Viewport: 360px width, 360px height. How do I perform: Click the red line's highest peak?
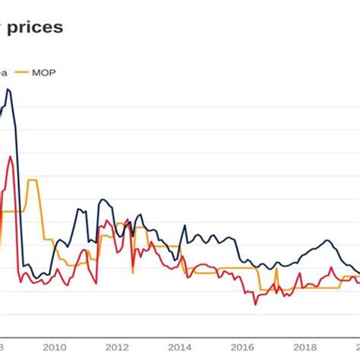tap(9, 157)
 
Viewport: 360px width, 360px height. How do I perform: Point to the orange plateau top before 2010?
tap(32, 180)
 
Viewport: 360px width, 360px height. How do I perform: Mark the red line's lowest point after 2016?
tap(255, 305)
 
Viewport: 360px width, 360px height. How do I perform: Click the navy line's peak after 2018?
tap(326, 241)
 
